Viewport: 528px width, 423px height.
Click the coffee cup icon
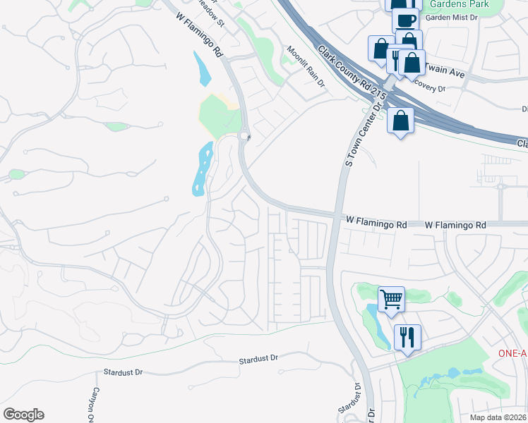[x=405, y=20]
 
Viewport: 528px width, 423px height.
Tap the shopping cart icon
[x=390, y=298]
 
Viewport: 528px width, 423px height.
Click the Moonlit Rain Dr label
[x=306, y=67]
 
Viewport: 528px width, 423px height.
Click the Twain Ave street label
[x=447, y=73]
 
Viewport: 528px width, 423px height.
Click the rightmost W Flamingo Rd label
[x=455, y=225]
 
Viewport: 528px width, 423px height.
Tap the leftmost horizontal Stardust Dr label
[x=123, y=372]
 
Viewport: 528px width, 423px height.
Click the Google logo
[x=23, y=415]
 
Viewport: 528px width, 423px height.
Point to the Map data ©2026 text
[x=497, y=417]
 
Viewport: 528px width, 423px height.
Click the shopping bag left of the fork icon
[x=380, y=49]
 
